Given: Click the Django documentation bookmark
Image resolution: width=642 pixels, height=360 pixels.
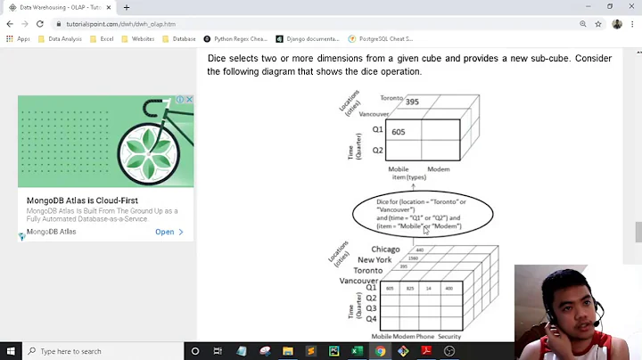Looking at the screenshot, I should point(307,39).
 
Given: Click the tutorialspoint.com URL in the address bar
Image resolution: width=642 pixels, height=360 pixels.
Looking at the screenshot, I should point(120,24).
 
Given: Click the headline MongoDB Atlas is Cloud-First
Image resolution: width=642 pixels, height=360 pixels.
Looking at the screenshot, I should point(82,201).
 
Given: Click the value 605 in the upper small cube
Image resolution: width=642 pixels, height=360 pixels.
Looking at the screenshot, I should point(398,132).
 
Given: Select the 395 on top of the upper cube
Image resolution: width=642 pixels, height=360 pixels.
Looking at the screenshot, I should point(412,102).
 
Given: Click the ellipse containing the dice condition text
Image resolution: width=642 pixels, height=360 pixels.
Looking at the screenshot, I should point(422,214).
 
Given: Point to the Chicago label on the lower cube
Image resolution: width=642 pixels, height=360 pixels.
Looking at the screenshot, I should point(385,250).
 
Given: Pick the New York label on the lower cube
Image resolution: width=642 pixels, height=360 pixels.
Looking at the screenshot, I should point(374,259).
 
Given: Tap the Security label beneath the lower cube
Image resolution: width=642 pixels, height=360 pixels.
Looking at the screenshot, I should point(449,337).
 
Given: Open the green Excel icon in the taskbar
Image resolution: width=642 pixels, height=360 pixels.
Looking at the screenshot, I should point(357,351).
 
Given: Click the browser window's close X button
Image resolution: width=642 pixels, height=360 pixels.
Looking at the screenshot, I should point(630,7).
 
